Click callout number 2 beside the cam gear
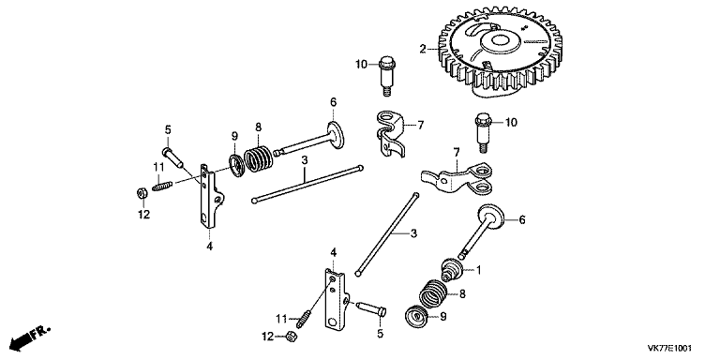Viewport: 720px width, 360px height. coord(423,48)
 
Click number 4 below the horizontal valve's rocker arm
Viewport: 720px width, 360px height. coord(209,246)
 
